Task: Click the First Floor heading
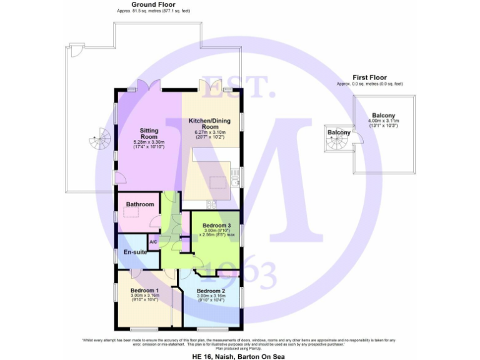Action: (x=369, y=77)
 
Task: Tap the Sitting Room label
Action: (x=149, y=133)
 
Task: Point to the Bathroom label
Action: (x=140, y=204)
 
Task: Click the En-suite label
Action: (x=135, y=252)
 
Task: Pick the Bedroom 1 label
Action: (x=144, y=291)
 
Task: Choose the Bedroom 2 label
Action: (x=211, y=291)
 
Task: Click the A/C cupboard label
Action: (x=153, y=241)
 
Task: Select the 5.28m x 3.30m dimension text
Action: (x=149, y=142)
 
